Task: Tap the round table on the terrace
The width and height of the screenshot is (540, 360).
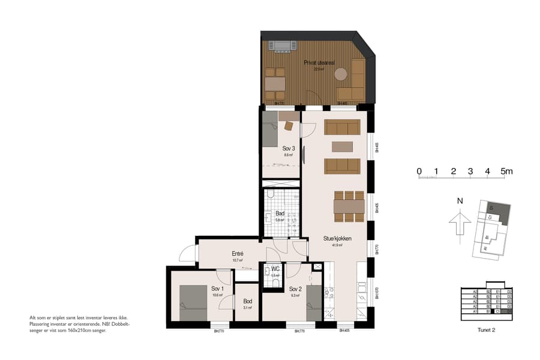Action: tap(341, 74)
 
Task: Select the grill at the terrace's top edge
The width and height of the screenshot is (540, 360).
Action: tap(282, 45)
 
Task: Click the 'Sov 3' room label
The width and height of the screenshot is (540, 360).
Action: tap(289, 148)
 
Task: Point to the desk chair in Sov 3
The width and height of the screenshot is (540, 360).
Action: tap(289, 126)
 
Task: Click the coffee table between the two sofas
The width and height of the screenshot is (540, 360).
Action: tap(342, 146)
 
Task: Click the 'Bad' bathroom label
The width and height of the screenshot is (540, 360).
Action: tap(280, 213)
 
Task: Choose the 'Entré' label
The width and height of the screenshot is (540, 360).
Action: tap(237, 254)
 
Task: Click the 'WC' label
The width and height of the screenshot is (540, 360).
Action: tap(275, 269)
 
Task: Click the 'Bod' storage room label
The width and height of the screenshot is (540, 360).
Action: tap(247, 301)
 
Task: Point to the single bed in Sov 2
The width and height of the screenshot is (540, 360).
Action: tap(314, 304)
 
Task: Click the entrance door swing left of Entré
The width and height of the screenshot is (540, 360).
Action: tap(187, 254)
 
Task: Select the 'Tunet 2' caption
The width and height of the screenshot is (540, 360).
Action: tap(486, 329)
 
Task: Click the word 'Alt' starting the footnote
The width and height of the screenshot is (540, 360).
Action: tap(33, 317)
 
